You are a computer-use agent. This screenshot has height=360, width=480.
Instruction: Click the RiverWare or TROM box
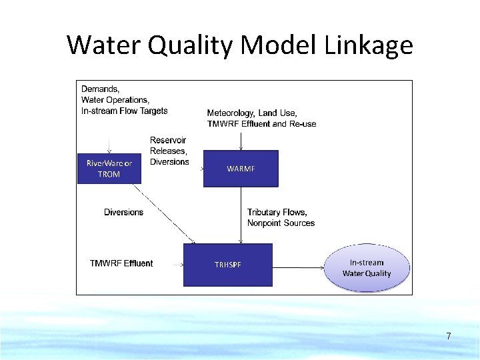tap(109, 169)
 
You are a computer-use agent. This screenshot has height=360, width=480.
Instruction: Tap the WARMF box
tap(241, 169)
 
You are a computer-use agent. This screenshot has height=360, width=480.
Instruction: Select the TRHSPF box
tap(228, 265)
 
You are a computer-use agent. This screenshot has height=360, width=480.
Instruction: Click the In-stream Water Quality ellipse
tap(367, 268)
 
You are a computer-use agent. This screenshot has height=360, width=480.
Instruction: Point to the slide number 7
tap(449, 337)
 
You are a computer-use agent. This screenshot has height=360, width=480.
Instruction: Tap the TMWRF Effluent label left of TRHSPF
tap(121, 263)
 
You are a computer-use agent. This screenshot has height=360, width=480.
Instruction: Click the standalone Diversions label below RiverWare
tap(123, 212)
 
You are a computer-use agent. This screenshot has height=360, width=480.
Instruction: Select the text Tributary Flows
tap(277, 212)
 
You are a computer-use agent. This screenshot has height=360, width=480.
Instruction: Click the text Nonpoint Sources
tap(281, 223)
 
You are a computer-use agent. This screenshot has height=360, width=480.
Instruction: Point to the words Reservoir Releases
tap(168, 145)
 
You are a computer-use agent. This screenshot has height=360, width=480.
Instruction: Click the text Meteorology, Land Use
tap(252, 113)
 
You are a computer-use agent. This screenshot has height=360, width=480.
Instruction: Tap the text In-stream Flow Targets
tap(125, 111)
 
